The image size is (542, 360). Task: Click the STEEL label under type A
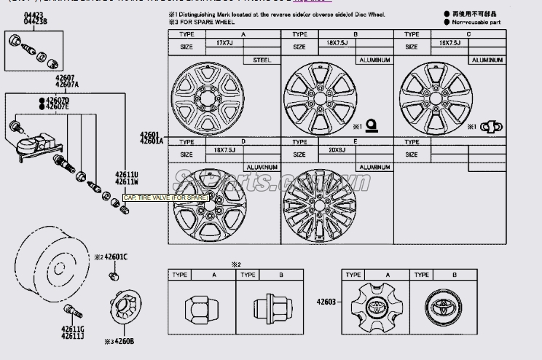tap(262, 60)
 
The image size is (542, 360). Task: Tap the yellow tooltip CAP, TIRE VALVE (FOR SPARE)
tap(165, 197)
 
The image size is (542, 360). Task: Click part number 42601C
tap(115, 257)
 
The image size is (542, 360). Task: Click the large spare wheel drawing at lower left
tap(46, 259)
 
